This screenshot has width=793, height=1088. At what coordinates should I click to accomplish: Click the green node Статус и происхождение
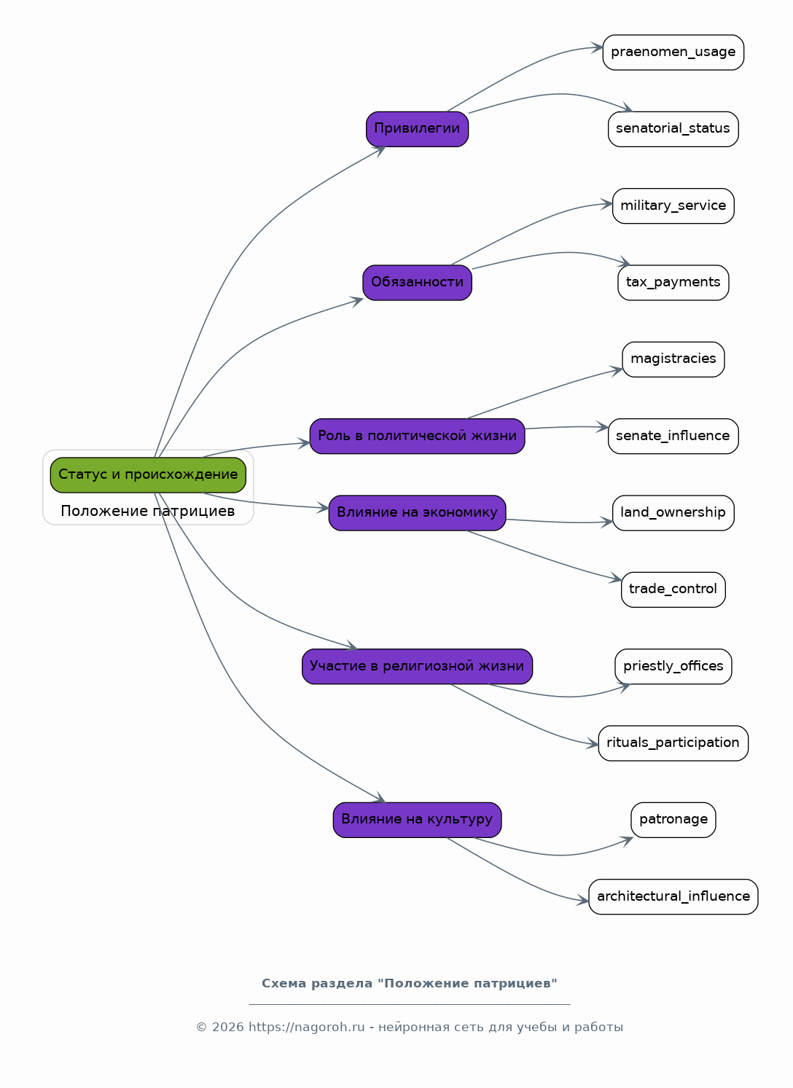click(x=148, y=474)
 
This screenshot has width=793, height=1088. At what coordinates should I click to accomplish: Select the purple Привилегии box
click(x=417, y=129)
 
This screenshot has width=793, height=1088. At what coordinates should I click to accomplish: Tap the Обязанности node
click(x=417, y=282)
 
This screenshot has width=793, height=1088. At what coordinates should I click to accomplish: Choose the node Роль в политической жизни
click(x=417, y=436)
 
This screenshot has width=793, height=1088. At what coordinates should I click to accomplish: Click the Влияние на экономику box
click(x=417, y=512)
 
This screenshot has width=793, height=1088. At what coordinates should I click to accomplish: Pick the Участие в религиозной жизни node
click(x=417, y=666)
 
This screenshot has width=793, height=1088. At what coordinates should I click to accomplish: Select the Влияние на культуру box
click(x=417, y=819)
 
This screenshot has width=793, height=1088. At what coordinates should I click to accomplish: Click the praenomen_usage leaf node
click(x=673, y=52)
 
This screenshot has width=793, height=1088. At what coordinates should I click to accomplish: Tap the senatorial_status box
click(x=673, y=129)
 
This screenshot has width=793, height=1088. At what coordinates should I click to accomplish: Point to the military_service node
click(x=673, y=206)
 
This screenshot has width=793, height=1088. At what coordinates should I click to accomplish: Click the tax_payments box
click(x=673, y=282)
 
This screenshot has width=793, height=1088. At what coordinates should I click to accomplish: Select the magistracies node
click(x=673, y=359)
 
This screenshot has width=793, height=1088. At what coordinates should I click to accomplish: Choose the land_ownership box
click(x=673, y=512)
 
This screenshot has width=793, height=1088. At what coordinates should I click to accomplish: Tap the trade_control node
click(x=673, y=589)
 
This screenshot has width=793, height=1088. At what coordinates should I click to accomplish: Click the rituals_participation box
click(x=673, y=743)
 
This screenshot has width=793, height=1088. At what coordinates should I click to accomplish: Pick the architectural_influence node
click(x=673, y=896)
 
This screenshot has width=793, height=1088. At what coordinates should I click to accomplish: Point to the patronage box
click(x=673, y=819)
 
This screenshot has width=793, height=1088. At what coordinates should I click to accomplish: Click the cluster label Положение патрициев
click(x=148, y=511)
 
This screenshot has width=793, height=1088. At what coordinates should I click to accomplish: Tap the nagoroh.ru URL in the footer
click(x=307, y=1028)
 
